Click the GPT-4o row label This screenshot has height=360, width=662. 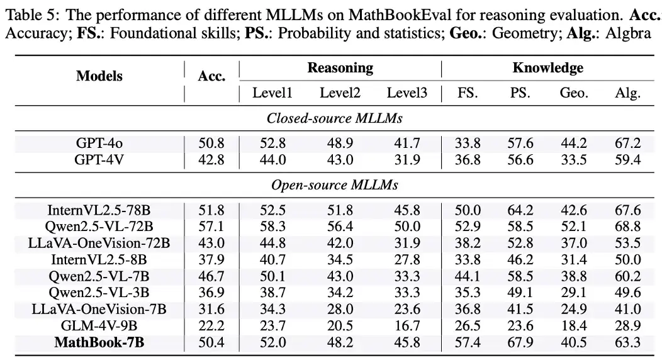click(99, 143)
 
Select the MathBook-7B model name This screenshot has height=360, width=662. click(99, 342)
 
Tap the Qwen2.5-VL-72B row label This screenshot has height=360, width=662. click(99, 226)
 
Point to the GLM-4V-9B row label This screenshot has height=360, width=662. click(99, 325)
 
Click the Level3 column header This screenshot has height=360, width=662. click(407, 94)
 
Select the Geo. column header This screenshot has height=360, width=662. click(573, 94)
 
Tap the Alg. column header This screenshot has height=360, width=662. click(627, 94)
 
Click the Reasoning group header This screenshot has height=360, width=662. click(340, 68)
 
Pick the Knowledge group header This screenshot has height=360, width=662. click(547, 68)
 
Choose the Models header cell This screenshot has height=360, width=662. click(99, 76)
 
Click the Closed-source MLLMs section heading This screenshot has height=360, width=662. click(334, 118)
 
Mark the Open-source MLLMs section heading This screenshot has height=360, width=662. click(334, 185)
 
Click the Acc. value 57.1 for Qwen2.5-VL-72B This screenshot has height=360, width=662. click(211, 226)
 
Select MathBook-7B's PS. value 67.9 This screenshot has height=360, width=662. click(520, 342)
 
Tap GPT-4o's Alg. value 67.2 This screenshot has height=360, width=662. click(627, 143)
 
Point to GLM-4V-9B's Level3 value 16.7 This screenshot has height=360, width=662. click(407, 325)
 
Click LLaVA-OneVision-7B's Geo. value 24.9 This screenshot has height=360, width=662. click(573, 309)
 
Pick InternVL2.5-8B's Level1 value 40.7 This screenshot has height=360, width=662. click(272, 259)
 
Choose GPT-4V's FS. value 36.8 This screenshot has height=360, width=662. click(467, 159)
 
